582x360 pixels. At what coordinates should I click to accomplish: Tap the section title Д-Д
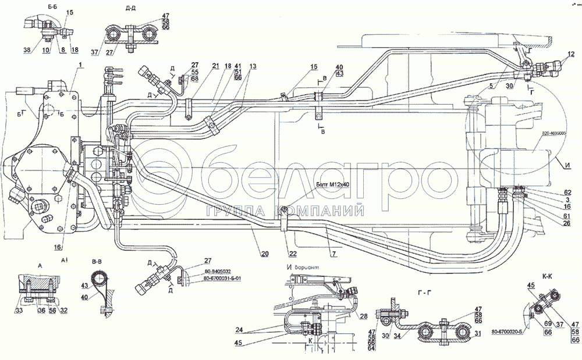[132, 8]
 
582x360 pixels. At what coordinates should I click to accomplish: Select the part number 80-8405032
[219, 271]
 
